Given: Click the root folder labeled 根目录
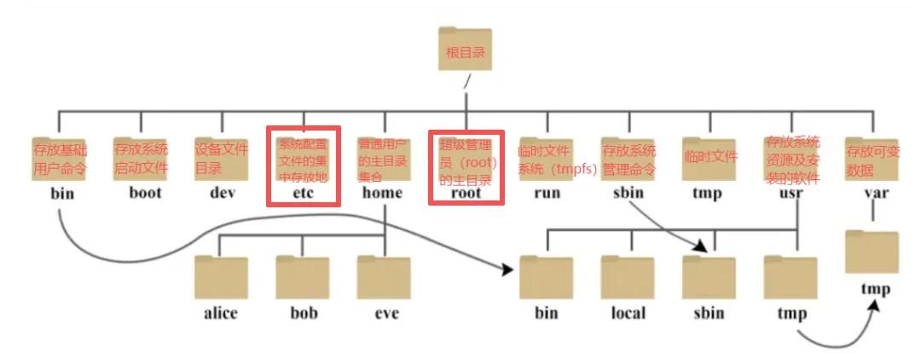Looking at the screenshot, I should click(x=466, y=53).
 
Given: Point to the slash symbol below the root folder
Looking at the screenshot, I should click(x=466, y=83).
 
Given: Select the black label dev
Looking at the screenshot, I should click(x=222, y=193).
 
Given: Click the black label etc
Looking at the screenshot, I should click(x=304, y=193).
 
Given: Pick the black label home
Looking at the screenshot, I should click(x=382, y=193).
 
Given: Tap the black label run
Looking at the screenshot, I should click(x=547, y=193).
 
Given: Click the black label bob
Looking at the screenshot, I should click(x=302, y=313).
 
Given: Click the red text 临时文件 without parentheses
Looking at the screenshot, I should click(x=710, y=157).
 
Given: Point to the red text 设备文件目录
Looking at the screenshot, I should click(x=221, y=157).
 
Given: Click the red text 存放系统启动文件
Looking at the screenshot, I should click(x=141, y=157).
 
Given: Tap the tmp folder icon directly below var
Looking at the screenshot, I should click(x=872, y=253).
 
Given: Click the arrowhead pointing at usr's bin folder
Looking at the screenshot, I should click(x=509, y=270).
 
